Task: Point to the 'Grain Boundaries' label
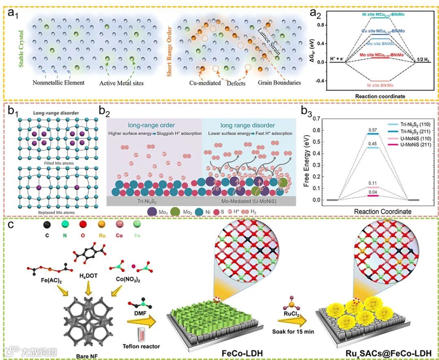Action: coord(279,83)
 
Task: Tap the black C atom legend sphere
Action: coord(47,224)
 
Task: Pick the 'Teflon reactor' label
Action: coord(141,347)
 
